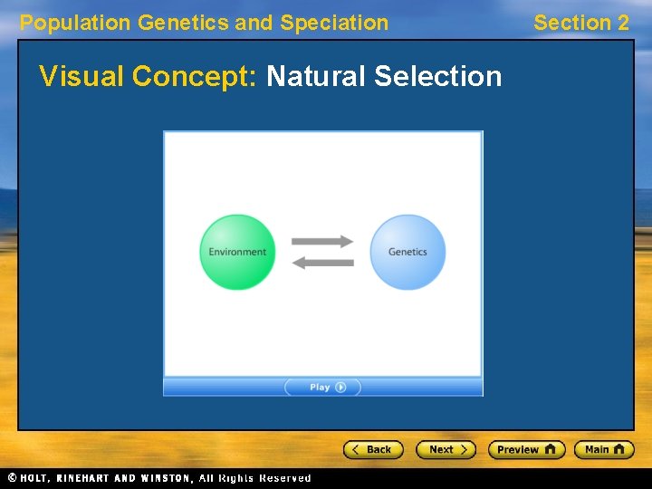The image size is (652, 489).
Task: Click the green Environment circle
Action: tap(237, 252)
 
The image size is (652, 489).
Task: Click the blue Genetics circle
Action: tap(407, 252)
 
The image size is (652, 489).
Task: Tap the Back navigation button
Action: tap(372, 449)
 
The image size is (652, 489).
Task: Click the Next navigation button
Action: tap(446, 449)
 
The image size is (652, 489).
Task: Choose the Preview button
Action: tap(526, 449)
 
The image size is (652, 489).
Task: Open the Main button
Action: tap(604, 449)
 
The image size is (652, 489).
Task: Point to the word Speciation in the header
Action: tap(334, 24)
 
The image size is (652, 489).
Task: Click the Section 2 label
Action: tap(580, 24)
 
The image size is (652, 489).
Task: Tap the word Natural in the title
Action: tap(316, 76)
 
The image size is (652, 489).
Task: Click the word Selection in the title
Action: tap(437, 76)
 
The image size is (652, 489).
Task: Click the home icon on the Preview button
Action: tap(550, 449)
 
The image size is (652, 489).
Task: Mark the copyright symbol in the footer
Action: tap(12, 478)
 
